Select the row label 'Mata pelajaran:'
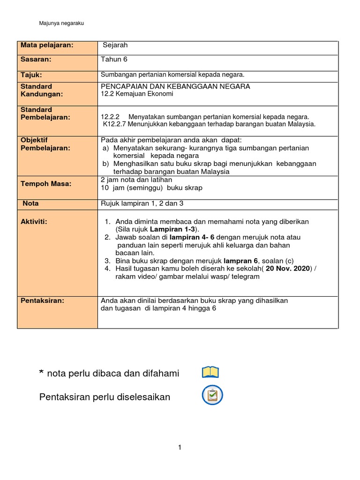47,45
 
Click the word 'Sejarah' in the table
115,45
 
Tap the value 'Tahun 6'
114,60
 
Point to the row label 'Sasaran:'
36,60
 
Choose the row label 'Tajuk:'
31,75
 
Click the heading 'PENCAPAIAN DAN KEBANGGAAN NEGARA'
175,86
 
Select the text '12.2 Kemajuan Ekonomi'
137,94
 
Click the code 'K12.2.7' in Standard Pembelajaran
114,124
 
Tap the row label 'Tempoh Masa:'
46,184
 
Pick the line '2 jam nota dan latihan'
136,180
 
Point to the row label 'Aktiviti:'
34,221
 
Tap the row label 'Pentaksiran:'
43,300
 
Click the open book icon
210,373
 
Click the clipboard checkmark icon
212,395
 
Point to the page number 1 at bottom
180,448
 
